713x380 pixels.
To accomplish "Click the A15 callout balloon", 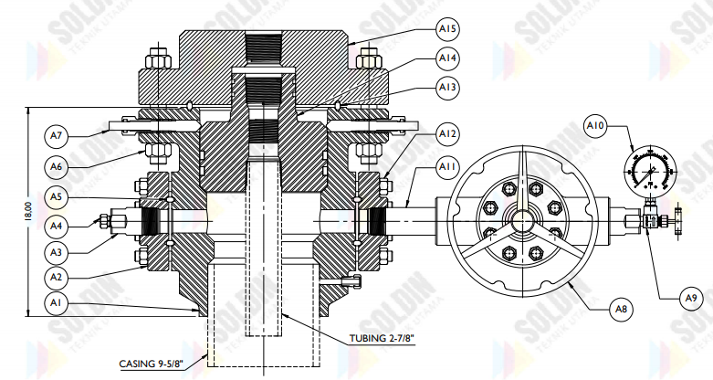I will click(447, 29).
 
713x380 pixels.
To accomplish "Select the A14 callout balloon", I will click(447, 58).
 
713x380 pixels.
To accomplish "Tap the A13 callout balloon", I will click(447, 88).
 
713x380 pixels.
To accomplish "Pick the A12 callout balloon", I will click(447, 134).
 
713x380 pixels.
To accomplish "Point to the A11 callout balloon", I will click(447, 167).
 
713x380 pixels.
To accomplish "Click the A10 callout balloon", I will click(596, 123).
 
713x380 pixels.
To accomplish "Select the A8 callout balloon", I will click(622, 310).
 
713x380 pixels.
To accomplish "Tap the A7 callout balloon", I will click(57, 136).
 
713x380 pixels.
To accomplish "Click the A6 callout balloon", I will click(57, 166).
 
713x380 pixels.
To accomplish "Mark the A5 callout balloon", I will click(57, 196).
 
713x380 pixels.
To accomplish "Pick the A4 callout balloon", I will click(57, 223).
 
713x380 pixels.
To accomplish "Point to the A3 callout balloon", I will click(57, 250).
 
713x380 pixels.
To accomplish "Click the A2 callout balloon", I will click(57, 276).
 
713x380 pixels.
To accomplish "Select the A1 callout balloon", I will click(57, 301).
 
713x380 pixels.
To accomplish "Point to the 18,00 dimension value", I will click(29, 209).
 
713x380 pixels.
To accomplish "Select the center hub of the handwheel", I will click(522, 221).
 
